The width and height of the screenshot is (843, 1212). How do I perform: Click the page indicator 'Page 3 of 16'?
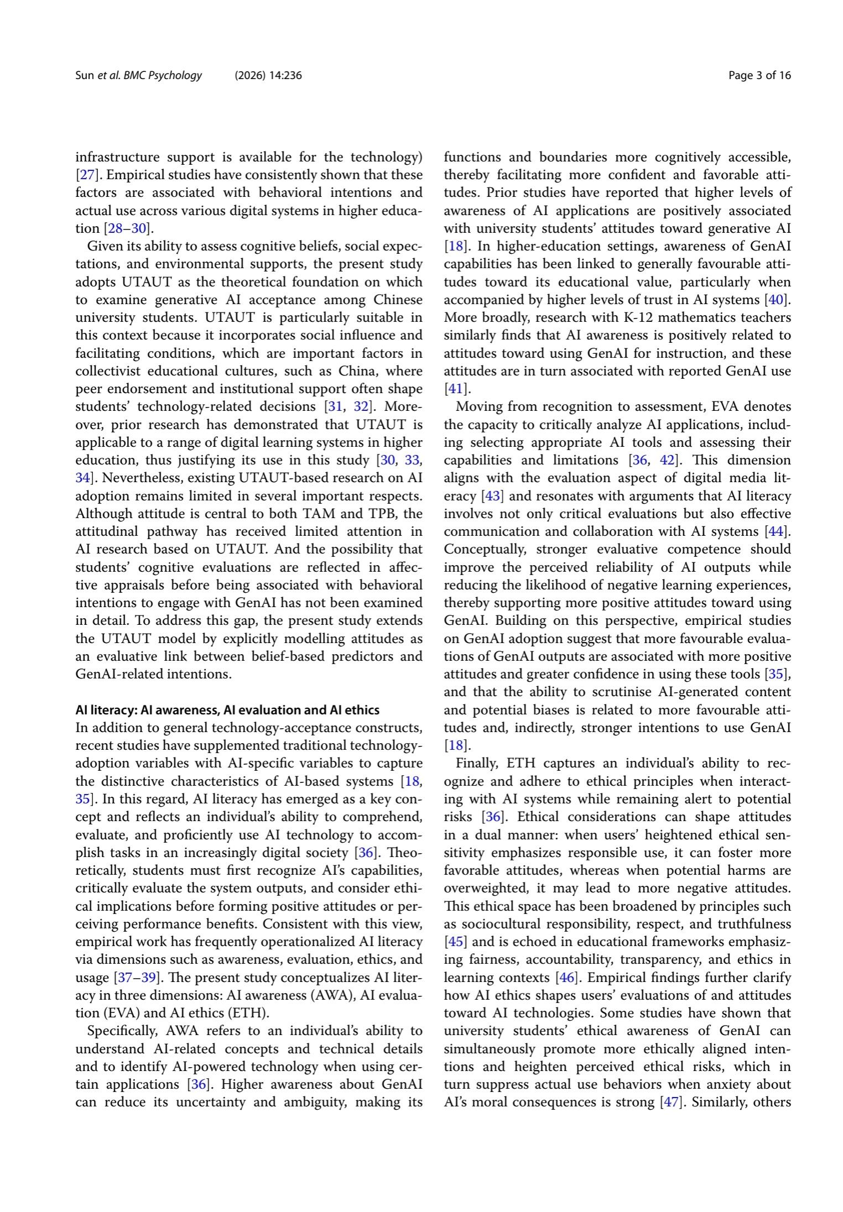pos(759,76)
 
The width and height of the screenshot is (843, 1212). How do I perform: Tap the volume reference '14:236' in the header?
pos(285,76)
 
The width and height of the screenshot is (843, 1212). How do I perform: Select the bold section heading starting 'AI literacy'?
pos(227,710)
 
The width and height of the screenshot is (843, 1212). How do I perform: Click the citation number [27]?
pos(86,175)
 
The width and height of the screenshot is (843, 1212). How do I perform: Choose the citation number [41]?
pos(456,389)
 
